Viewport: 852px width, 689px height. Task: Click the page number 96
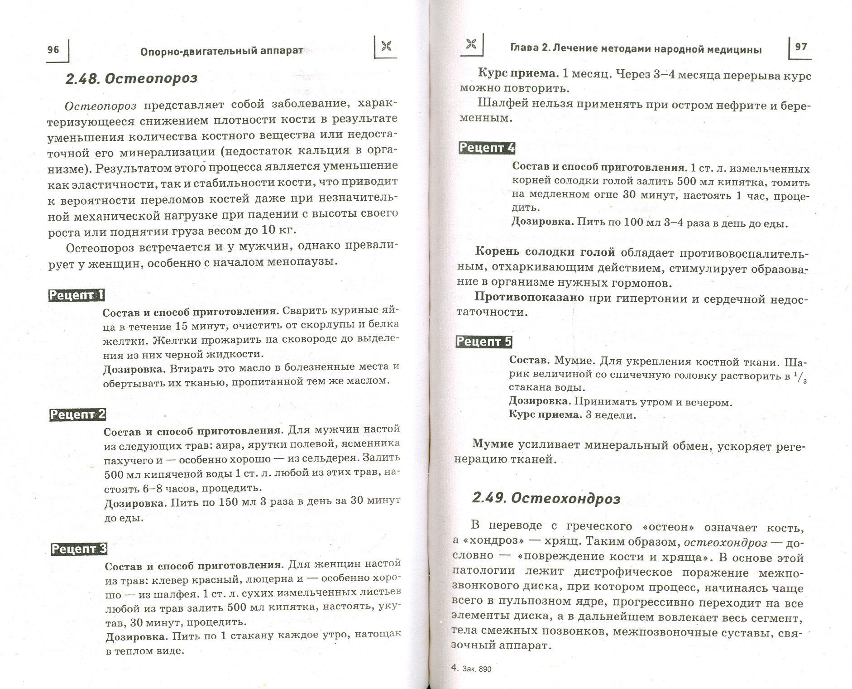(53, 49)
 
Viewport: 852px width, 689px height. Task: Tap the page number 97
(801, 47)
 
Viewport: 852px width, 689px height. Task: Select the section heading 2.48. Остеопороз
(131, 78)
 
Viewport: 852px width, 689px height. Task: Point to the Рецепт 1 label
(77, 295)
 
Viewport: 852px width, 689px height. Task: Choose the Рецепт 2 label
(77, 414)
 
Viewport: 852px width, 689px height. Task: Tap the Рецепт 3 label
(79, 549)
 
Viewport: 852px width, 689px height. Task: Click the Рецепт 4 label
(487, 148)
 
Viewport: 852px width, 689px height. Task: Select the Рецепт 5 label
(484, 342)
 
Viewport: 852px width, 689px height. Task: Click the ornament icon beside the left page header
(386, 47)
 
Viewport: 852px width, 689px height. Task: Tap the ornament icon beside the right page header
(471, 44)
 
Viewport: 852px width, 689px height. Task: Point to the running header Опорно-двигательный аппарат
(221, 51)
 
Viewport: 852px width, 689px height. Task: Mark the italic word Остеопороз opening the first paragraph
(101, 106)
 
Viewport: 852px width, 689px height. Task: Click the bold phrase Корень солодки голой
(545, 252)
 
